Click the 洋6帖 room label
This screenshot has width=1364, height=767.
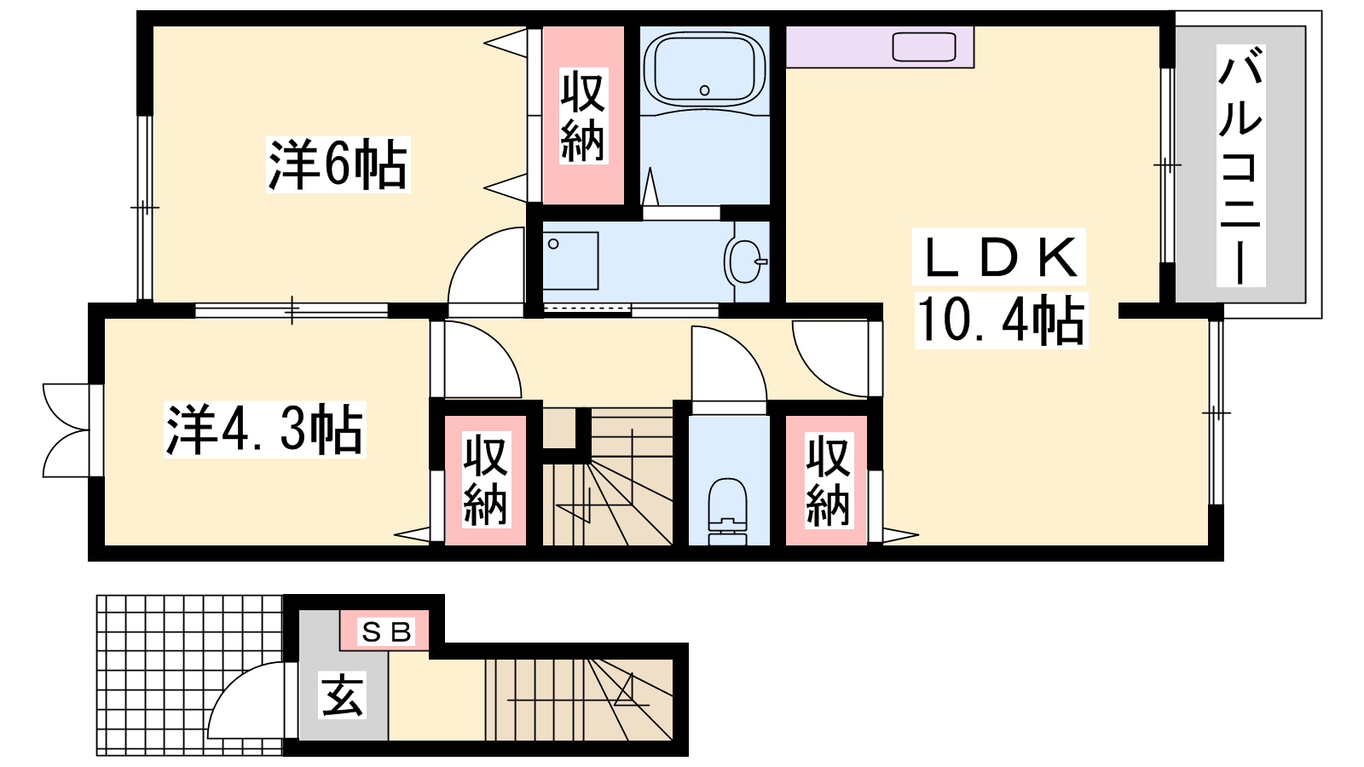[338, 165]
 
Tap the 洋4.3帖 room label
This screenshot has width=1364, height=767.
[265, 430]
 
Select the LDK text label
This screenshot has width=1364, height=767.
[998, 257]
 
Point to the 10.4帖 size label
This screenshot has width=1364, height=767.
[1001, 320]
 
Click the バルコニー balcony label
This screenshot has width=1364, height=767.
[1240, 165]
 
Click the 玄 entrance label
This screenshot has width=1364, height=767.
[342, 695]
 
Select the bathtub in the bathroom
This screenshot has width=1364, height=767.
[704, 70]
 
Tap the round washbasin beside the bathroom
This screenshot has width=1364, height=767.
[745, 261]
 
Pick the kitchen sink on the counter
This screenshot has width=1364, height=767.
[924, 47]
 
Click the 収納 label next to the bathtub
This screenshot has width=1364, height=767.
[583, 116]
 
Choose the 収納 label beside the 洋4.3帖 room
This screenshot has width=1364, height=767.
[485, 480]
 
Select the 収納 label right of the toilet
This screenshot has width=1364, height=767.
[828, 480]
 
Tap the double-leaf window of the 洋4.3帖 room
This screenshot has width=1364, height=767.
[67, 430]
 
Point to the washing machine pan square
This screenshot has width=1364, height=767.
[570, 261]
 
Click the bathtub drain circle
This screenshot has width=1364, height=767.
[704, 90]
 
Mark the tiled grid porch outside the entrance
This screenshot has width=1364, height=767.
[189, 675]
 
